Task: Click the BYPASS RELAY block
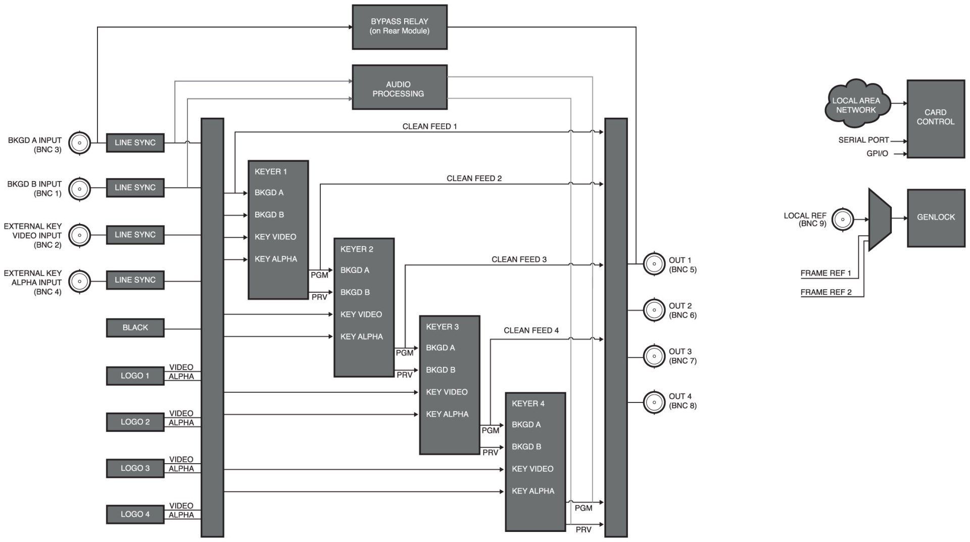[x=399, y=27]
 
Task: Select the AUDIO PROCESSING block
[x=399, y=87]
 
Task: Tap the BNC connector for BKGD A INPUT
[x=79, y=143]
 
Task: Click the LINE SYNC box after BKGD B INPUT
[x=135, y=188]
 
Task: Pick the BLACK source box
[x=135, y=328]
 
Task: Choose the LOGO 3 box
[x=135, y=468]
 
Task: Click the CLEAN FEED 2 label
[x=474, y=178]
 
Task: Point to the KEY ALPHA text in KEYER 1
[x=275, y=259]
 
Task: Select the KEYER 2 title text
[x=357, y=249]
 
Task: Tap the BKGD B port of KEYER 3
[x=441, y=370]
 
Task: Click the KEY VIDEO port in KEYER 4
[x=532, y=469]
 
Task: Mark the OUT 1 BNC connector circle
[x=654, y=264]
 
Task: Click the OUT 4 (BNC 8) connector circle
[x=654, y=402]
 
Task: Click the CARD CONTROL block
[x=936, y=118]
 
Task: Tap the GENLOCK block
[x=936, y=217]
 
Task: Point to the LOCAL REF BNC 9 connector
[x=842, y=219]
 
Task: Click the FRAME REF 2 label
[x=826, y=292]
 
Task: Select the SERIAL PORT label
[x=863, y=140]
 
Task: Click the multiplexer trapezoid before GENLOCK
[x=880, y=219]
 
